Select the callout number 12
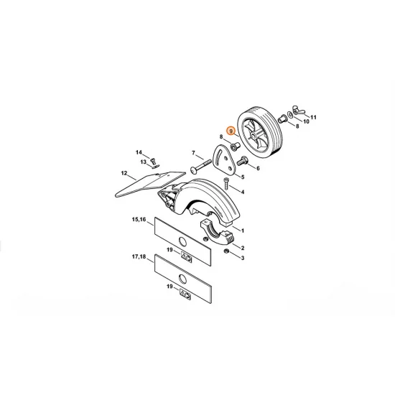pos(124,173)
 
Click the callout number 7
pos(193,152)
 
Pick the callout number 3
pos(243,258)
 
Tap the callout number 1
pos(243,231)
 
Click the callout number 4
pos(243,192)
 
